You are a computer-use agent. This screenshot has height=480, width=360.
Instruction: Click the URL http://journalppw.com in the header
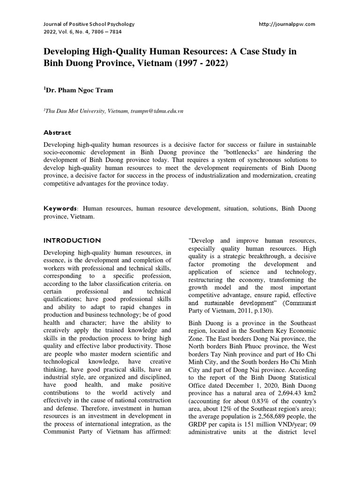tap(287, 23)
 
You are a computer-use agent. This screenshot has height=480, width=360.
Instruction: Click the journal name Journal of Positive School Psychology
tap(89, 23)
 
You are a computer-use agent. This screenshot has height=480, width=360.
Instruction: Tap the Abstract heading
tap(57, 133)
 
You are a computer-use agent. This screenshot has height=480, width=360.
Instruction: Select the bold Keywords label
tap(60, 208)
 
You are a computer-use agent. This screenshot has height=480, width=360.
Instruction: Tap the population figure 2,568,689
tap(269, 417)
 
